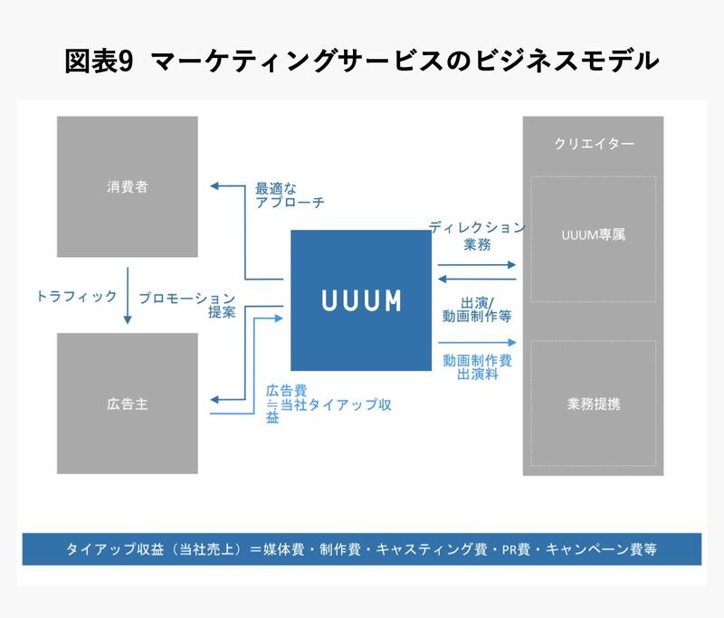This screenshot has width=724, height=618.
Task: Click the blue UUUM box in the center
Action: click(360, 299)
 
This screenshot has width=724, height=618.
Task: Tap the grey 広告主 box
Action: click(127, 404)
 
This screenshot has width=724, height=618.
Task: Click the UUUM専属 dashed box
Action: click(593, 238)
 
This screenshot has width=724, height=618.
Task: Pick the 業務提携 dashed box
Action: click(593, 404)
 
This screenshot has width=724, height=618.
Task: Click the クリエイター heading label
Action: click(593, 144)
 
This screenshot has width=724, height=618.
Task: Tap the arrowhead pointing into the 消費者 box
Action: click(214, 185)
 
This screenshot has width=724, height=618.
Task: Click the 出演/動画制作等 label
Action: click(476, 310)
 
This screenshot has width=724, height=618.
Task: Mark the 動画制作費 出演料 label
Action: click(477, 366)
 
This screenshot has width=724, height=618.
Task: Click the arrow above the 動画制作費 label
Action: click(477, 342)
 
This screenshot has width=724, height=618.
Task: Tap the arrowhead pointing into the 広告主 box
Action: click(214, 398)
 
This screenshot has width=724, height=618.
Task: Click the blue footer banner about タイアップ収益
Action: click(361, 549)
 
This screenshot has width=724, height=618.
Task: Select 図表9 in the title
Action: click(100, 62)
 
